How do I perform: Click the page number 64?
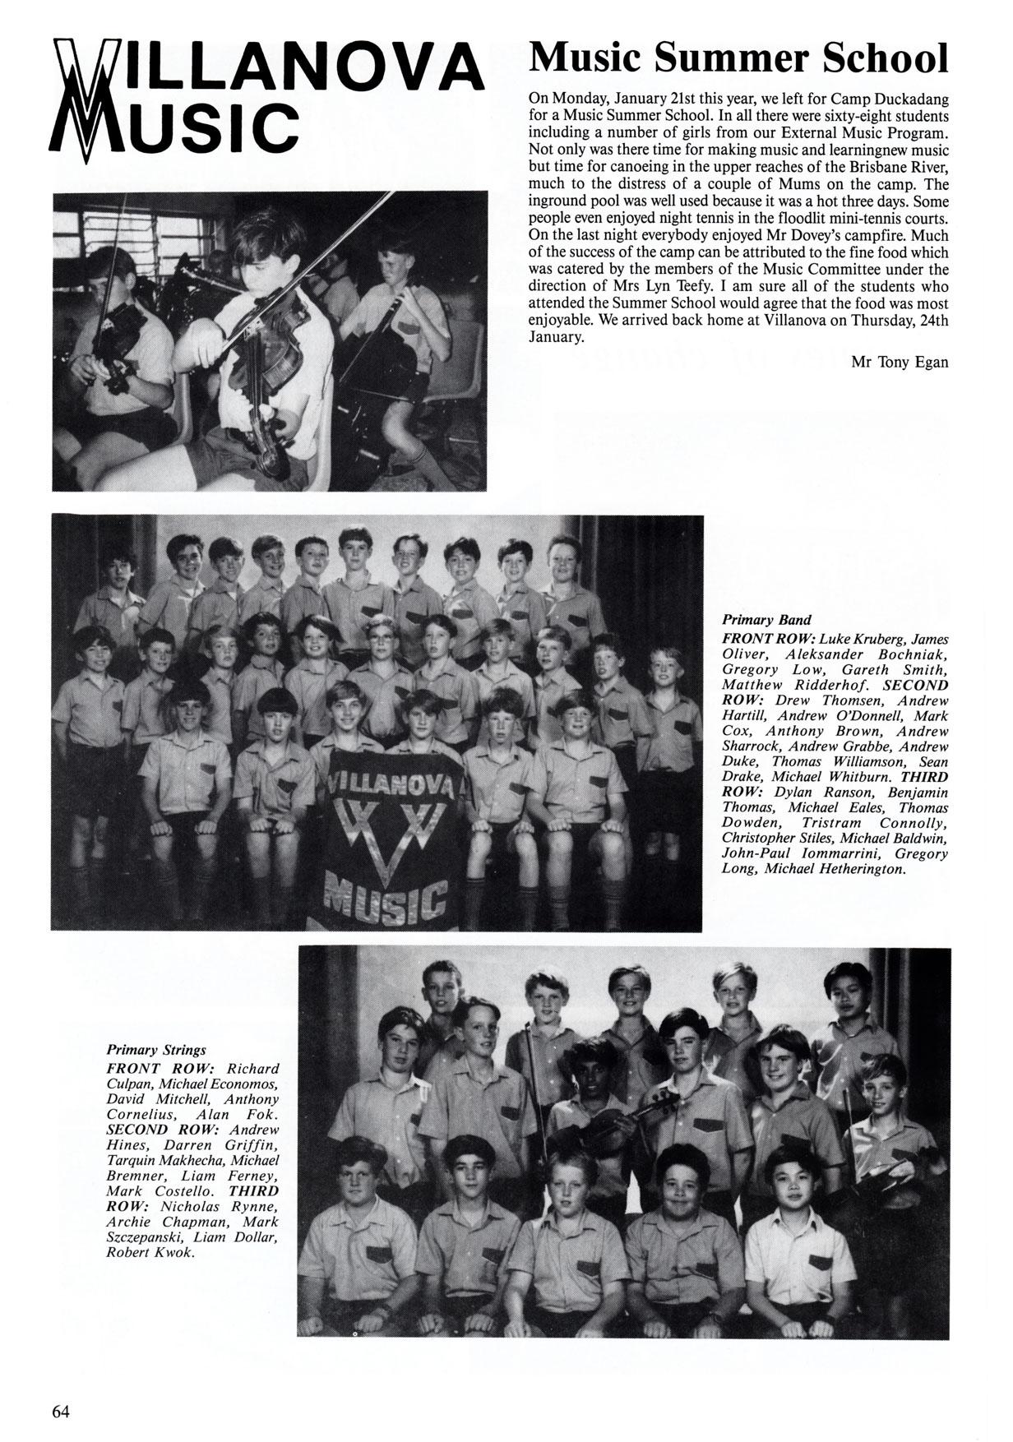61,1389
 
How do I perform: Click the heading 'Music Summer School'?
738,58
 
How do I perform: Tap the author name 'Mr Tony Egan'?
900,362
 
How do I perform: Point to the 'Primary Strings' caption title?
156,1050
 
